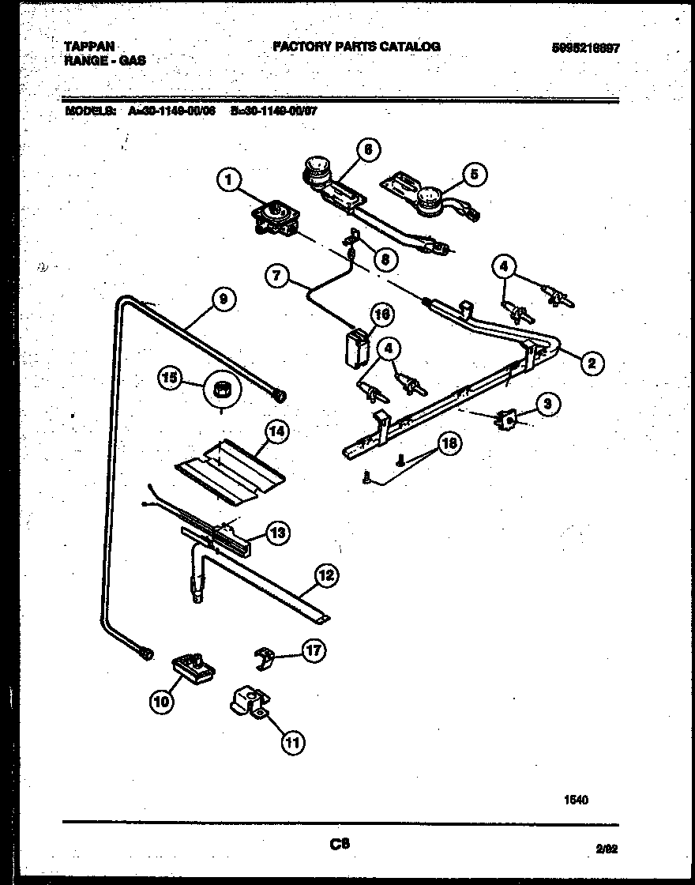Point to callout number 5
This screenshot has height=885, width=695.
point(474,175)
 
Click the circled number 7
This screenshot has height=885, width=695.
point(277,277)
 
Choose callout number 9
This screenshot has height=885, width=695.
point(224,299)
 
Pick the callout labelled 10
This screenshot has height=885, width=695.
point(161,700)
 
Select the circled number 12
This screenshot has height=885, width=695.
point(325,576)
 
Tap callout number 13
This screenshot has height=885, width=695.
point(277,533)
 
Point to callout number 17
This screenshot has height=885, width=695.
point(314,651)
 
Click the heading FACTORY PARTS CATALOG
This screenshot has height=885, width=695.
point(356,47)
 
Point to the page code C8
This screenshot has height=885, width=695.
point(340,845)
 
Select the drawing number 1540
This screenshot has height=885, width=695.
point(576,800)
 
